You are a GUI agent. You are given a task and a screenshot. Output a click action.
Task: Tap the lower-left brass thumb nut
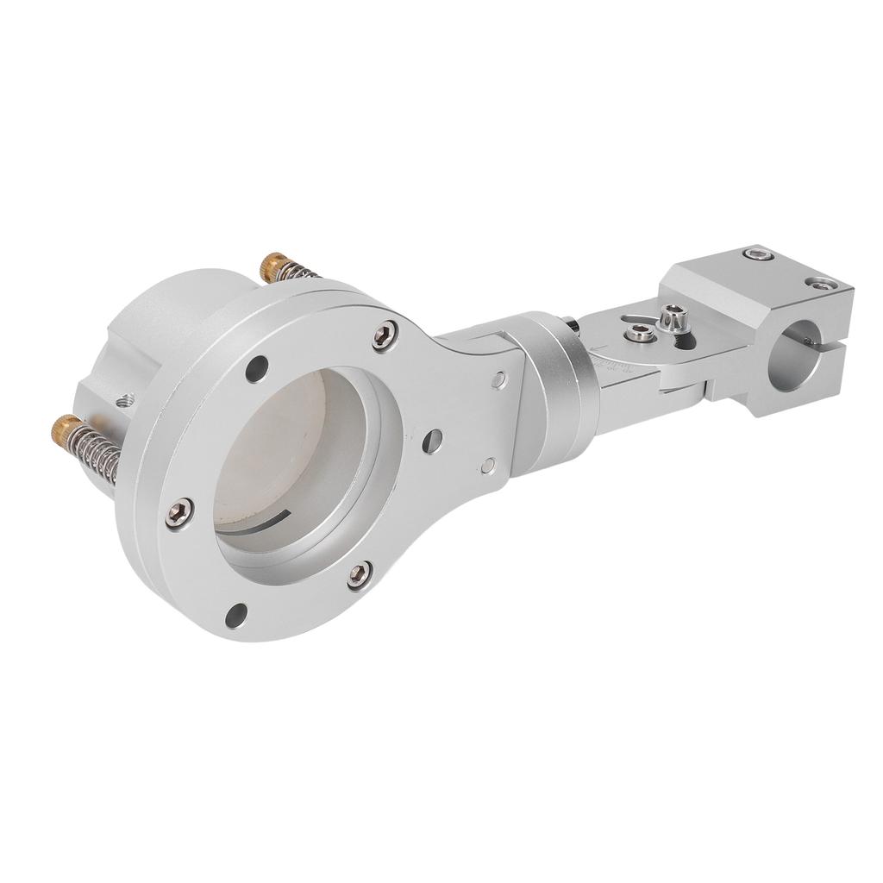tap(66, 426)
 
